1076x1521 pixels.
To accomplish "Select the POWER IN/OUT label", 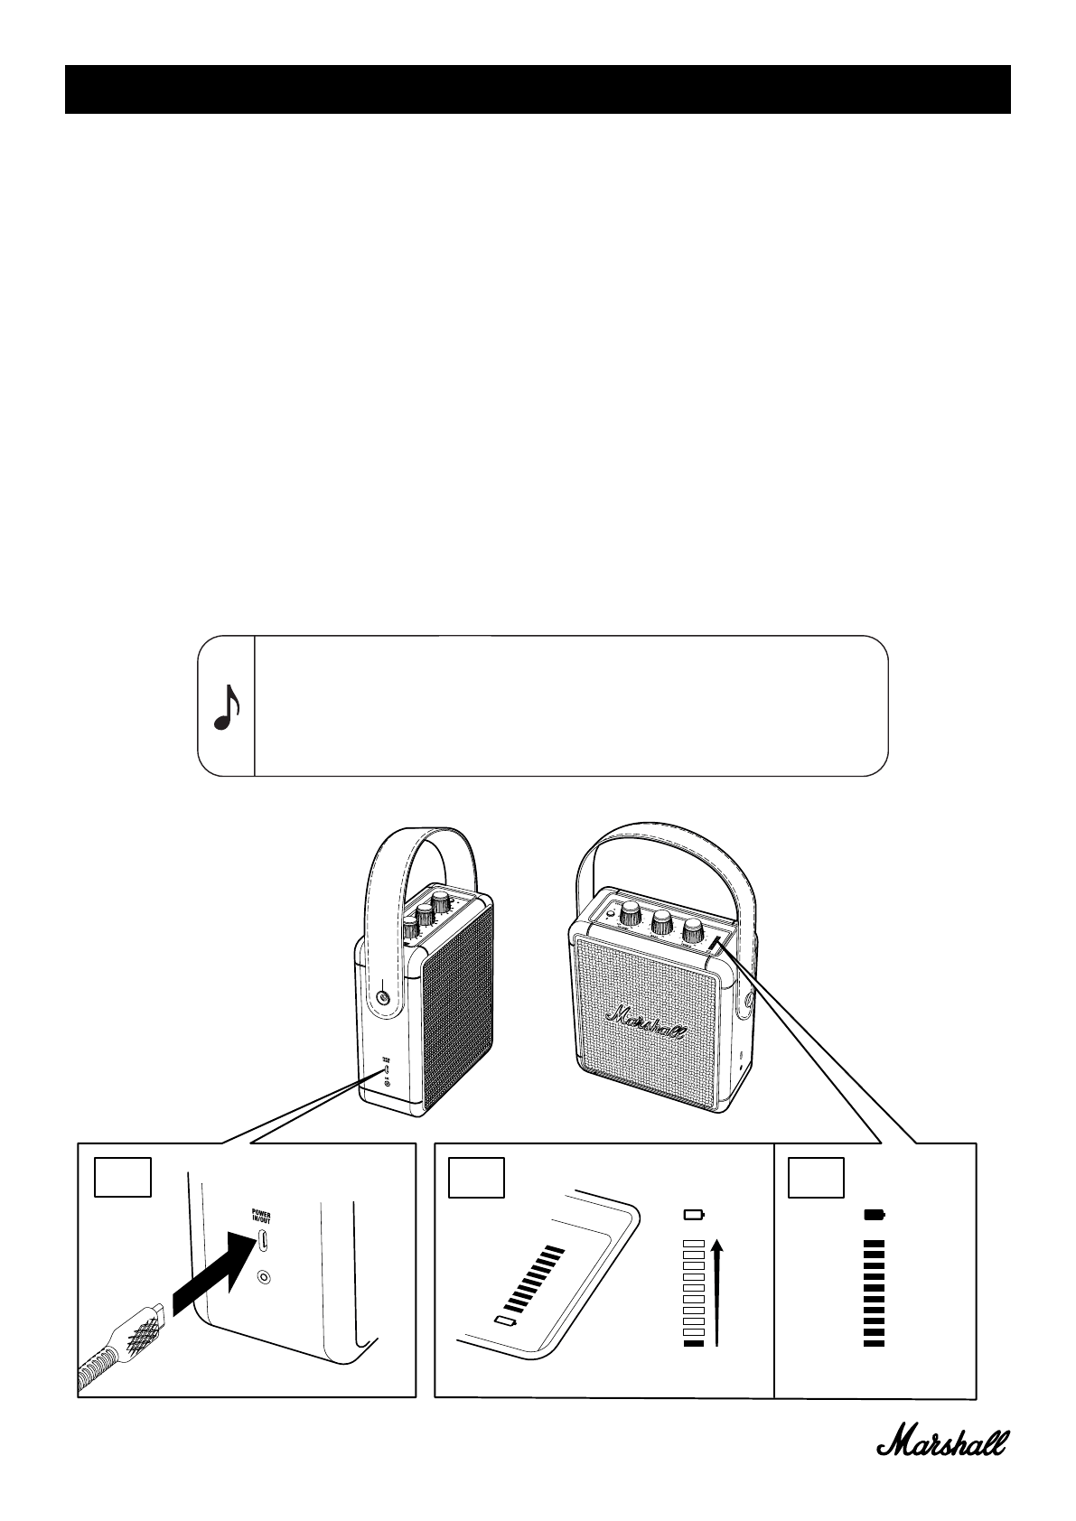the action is (261, 1217).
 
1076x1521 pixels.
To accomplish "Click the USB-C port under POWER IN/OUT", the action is (262, 1241).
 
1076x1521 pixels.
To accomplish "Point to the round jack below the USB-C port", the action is (263, 1277).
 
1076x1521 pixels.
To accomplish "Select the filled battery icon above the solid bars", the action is (874, 1214).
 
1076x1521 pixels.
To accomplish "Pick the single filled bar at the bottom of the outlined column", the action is (693, 1344).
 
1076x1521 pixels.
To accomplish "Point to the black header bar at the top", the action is (538, 89).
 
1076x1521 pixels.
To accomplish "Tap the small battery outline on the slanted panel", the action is (504, 1322).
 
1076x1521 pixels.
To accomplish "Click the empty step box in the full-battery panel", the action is (817, 1177).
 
